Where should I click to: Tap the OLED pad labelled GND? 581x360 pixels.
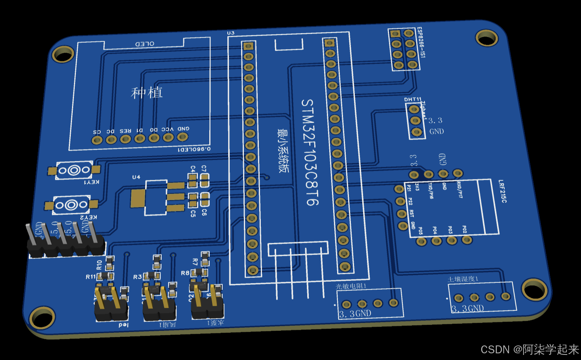click(x=182, y=137)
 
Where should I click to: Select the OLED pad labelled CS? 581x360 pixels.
click(x=97, y=140)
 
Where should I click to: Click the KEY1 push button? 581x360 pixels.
click(x=74, y=170)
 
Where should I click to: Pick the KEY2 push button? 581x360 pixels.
click(x=71, y=205)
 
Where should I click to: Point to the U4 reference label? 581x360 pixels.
click(x=136, y=177)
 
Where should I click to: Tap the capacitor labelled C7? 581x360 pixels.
click(x=204, y=181)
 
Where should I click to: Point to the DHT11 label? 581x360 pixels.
click(x=413, y=100)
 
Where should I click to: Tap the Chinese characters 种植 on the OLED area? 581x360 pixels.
click(x=146, y=93)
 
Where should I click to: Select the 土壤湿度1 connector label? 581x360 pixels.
click(x=463, y=279)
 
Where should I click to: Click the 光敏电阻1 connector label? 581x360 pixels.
click(x=351, y=286)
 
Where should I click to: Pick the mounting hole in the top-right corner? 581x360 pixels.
click(x=487, y=38)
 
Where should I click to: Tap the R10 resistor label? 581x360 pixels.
click(x=99, y=264)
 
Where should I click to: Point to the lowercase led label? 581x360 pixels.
click(x=123, y=325)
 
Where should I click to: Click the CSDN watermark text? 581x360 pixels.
click(x=530, y=349)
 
